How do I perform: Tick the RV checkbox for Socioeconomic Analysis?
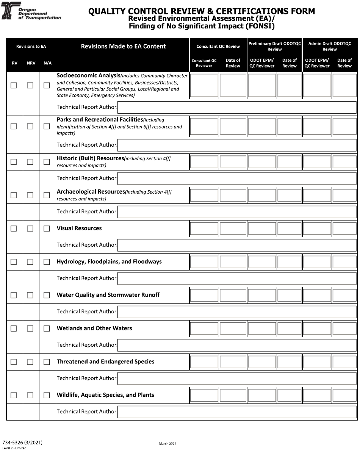point(14,86)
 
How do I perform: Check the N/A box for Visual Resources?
point(47,228)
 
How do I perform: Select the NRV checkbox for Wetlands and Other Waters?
point(30,328)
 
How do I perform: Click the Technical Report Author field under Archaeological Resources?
point(237,212)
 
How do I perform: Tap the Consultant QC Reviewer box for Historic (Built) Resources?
point(204,162)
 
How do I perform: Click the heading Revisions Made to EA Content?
point(123,46)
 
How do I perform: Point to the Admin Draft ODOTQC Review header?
point(330,46)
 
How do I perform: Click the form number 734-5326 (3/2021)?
point(22,442)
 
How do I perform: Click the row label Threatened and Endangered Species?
point(105,361)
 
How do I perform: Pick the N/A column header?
point(47,63)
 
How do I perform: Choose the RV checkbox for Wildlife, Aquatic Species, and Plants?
point(14,395)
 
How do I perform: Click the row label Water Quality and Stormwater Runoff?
point(108,295)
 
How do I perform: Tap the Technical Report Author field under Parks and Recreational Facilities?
point(237,145)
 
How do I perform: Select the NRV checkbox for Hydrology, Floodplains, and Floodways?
point(30,262)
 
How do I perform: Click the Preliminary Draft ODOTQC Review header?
point(274,46)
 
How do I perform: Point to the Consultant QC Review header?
point(218,46)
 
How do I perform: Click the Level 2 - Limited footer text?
point(14,448)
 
